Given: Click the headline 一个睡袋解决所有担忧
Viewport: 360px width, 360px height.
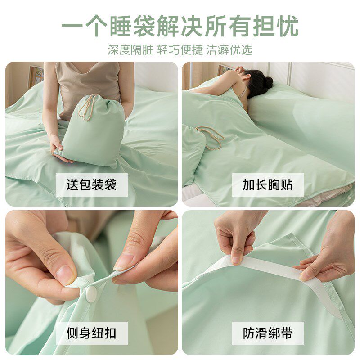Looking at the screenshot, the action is coord(180,26).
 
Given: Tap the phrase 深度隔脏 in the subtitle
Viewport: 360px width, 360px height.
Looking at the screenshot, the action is coord(130,50).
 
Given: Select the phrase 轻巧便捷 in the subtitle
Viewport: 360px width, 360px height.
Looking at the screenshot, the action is coord(180,50).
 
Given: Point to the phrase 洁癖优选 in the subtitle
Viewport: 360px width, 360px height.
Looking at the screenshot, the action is coord(229,50).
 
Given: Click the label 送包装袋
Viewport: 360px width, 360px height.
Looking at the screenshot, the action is coord(92,184).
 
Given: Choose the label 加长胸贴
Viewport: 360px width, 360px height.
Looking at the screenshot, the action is coord(268,184).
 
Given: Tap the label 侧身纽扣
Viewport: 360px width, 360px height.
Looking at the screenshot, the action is coord(92,333).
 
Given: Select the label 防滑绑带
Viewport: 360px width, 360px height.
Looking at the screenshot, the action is coord(268,333).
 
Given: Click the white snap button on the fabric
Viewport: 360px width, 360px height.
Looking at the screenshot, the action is coord(91,294).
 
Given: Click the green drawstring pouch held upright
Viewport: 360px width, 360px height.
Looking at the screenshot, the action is coord(91,131).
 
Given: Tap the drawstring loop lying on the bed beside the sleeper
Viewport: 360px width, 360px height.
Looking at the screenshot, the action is coord(211,137).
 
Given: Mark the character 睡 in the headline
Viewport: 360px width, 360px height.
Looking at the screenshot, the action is coord(121,26).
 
